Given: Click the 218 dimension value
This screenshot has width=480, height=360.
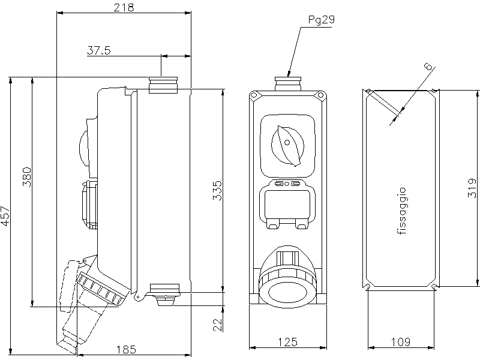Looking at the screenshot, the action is coord(124,7).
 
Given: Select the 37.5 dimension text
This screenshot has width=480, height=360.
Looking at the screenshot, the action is coord(99,50).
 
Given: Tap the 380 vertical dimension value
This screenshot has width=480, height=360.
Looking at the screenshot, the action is coord(26,177).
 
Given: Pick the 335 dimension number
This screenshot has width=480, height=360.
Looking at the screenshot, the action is coord(217,190).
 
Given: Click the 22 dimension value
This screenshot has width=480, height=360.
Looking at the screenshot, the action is coord(217,325).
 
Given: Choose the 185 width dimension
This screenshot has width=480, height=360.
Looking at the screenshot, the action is coord(126,349).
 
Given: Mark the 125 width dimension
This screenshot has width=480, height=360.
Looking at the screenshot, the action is coord(288,341).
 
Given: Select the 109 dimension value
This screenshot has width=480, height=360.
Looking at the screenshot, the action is coord(400,341).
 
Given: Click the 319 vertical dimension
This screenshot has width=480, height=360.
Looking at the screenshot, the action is coord(472,188).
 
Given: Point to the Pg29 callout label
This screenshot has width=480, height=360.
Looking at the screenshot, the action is coord(321,20).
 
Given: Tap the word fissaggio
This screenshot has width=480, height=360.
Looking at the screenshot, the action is coord(402,211).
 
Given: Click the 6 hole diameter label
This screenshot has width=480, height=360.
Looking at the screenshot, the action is coord(429,67).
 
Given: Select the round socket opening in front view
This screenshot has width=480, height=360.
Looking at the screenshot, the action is coord(287,291).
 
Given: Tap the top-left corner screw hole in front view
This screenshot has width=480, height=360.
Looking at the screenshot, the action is coord(254,95).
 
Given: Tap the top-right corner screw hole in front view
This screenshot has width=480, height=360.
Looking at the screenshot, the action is coord(320,95).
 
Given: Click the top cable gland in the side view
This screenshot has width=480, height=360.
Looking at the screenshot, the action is coord(163,85).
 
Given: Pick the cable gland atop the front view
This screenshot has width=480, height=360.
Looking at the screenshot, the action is coord(288,84).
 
